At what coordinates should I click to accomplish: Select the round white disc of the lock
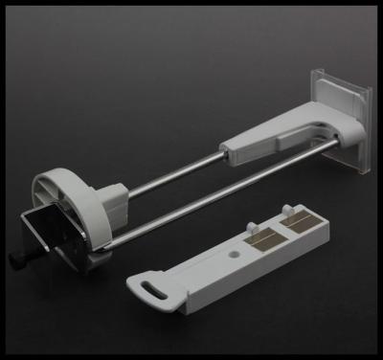coord(63,191)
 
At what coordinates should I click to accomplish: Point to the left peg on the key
coord(252,229)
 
